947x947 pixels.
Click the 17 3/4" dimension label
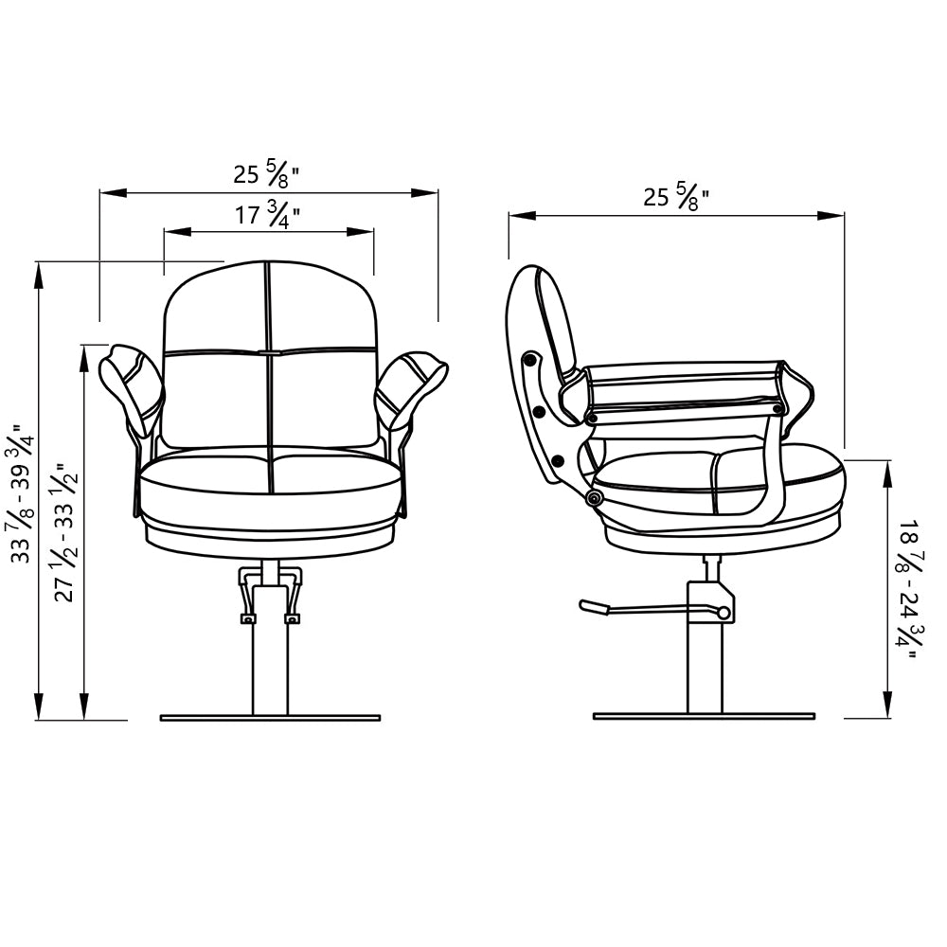click(268, 216)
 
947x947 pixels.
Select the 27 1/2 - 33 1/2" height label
click(67, 532)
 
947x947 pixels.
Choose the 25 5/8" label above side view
click(676, 197)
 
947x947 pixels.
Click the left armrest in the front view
click(131, 389)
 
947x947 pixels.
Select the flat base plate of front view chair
click(270, 718)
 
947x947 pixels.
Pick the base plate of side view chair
click(705, 716)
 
